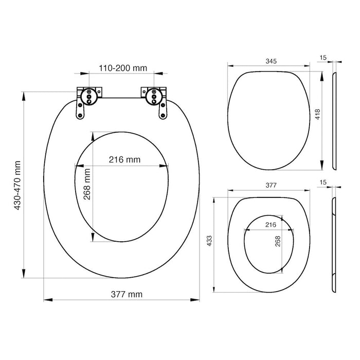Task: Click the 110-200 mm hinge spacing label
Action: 122,68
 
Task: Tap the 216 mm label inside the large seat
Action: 124,159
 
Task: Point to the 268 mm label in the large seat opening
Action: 87,185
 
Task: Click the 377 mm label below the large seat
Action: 127,294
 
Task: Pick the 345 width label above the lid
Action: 271,61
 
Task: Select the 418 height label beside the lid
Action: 317,114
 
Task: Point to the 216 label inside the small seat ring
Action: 271,224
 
